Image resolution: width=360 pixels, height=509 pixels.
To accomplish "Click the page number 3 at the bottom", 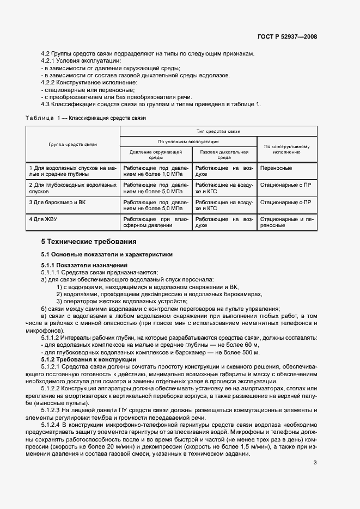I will [315, 463].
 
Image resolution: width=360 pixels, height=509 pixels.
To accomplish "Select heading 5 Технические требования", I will [89, 241].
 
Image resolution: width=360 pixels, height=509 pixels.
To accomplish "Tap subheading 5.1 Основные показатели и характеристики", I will [107, 254].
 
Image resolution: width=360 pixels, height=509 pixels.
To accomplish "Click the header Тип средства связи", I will [218, 131].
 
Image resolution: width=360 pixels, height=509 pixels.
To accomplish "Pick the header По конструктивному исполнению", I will [286, 149].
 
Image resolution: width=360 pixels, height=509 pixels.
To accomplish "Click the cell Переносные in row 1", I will [276, 168].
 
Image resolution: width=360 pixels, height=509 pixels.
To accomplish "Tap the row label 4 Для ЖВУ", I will [43, 219].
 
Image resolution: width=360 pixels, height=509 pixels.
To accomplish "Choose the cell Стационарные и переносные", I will [286, 222].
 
